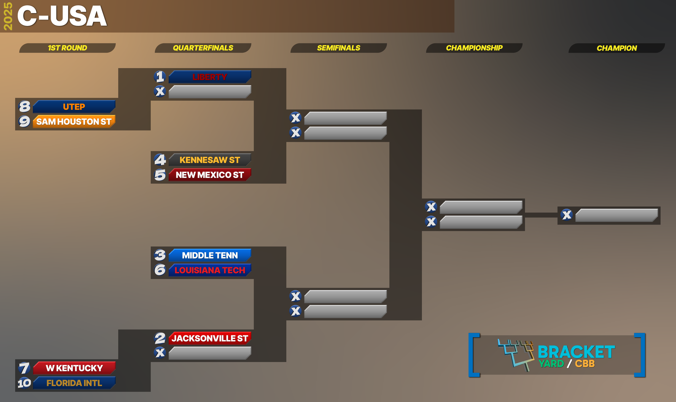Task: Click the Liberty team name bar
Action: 210,77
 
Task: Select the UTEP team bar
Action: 74,107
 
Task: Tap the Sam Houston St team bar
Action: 74,122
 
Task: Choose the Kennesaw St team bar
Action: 210,160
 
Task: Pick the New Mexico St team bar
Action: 210,175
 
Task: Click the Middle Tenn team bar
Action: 210,255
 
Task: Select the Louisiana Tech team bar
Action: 210,270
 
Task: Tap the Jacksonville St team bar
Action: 210,338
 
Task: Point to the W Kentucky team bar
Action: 74,368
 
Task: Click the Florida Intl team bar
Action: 74,383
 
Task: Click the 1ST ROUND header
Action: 68,48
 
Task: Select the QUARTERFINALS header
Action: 203,48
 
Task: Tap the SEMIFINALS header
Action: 339,48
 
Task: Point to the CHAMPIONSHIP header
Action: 474,48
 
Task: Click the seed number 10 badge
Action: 24,383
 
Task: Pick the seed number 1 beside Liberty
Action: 160,77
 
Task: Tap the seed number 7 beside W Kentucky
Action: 24,368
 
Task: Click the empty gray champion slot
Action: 617,215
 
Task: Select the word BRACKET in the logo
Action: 576,352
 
